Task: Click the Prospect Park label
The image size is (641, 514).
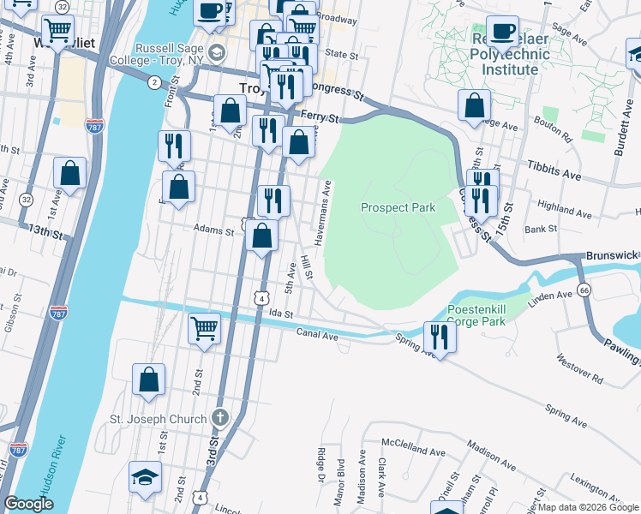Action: tap(398, 207)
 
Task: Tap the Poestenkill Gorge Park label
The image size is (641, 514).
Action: tap(476, 316)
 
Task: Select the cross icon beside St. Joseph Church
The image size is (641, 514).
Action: tap(219, 418)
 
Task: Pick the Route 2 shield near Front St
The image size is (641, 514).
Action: tap(153, 82)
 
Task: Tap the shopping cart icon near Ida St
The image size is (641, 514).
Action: tap(204, 328)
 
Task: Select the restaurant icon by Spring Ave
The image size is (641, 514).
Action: tap(440, 336)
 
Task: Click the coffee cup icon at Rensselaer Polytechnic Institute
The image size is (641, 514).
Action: tap(502, 31)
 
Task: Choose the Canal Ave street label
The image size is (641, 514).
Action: tap(317, 332)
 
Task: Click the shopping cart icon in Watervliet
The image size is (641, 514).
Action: tap(57, 32)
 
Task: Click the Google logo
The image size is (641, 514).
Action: tap(28, 504)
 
